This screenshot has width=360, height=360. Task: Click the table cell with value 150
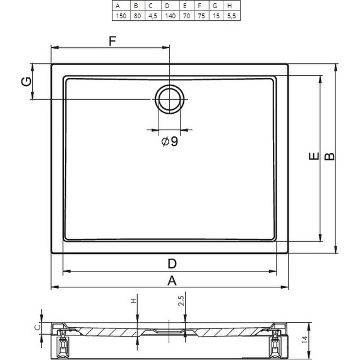121,16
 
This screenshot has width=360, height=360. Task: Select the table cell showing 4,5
153,16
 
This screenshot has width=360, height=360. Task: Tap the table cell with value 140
171,16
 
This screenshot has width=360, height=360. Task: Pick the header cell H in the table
232,6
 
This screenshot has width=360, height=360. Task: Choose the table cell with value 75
201,16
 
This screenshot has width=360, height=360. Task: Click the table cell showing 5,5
232,16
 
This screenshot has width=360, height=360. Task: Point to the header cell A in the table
121,6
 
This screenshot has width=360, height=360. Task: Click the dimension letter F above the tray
112,41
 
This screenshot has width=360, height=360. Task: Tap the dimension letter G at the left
27,81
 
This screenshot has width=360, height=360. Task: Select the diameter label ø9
170,141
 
